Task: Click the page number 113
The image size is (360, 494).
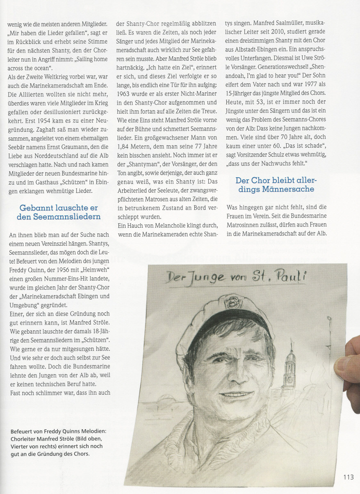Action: pos(348,477)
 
